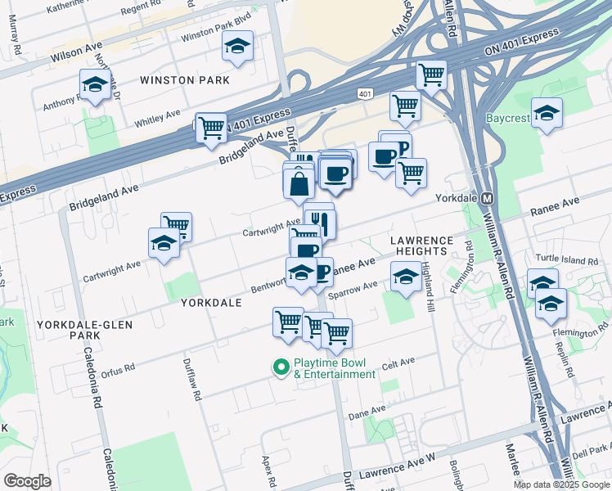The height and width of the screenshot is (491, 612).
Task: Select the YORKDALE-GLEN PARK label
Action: (x=79, y=330)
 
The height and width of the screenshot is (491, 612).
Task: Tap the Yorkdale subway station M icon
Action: (x=486, y=199)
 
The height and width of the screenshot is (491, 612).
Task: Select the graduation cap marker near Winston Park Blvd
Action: (x=237, y=47)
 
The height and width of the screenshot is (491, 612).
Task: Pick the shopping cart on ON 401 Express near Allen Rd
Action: (x=430, y=75)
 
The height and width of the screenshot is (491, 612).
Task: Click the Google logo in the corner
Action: (x=28, y=480)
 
